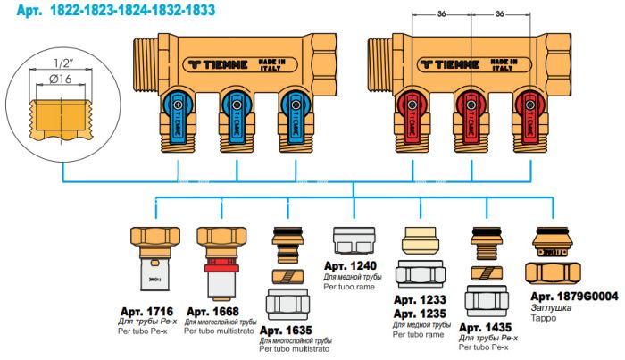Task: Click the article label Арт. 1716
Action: pyautogui.click(x=148, y=311)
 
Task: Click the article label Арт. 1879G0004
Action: pyautogui.click(x=572, y=296)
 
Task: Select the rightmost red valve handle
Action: pyautogui.click(x=525, y=108)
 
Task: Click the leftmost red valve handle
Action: pyautogui.click(x=412, y=108)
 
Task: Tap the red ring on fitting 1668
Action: pyautogui.click(x=214, y=265)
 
